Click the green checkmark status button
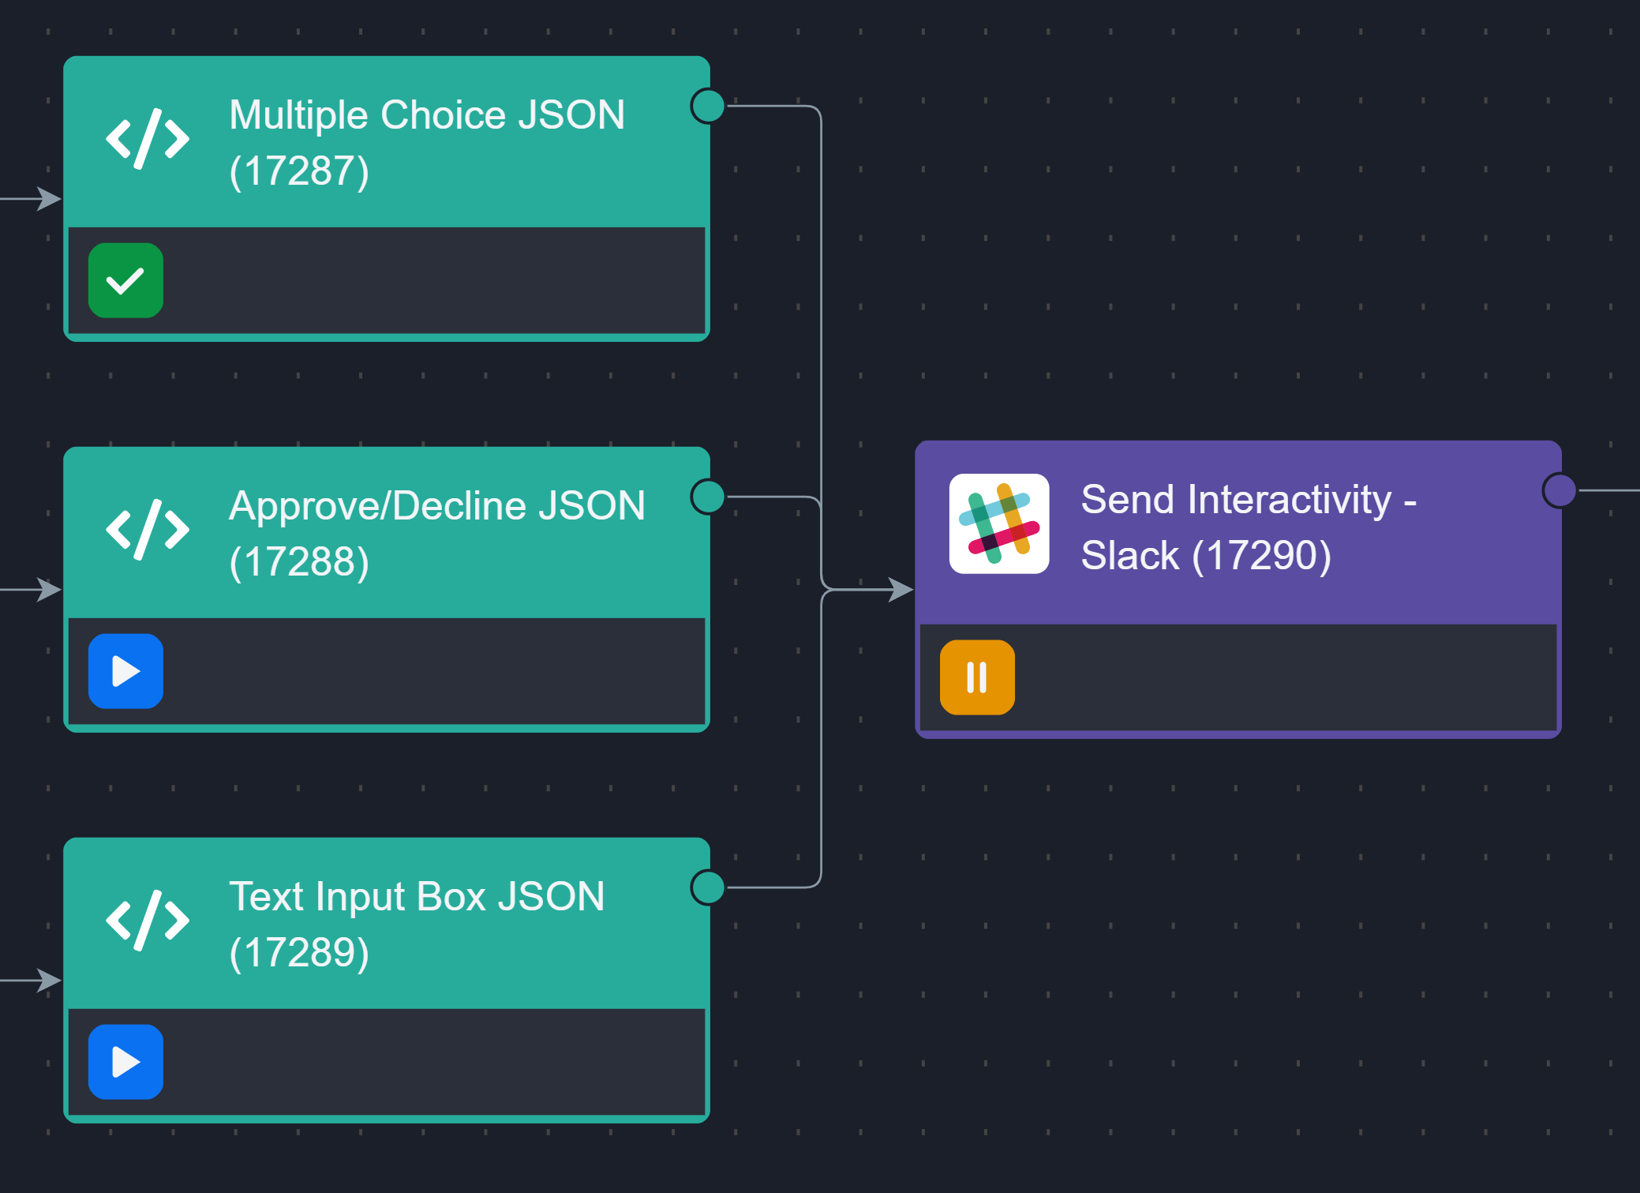tap(125, 280)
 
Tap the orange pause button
tap(977, 677)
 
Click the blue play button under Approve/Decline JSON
tap(125, 671)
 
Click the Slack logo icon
tap(999, 523)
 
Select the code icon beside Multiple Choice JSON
tap(148, 139)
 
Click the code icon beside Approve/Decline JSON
tap(148, 530)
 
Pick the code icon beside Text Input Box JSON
tap(148, 921)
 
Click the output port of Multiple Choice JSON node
tap(708, 106)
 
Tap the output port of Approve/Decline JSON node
tap(708, 497)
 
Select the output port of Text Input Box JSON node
tap(708, 887)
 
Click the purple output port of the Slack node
tap(1559, 490)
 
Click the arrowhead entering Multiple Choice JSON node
tap(50, 198)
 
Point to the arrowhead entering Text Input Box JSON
tap(50, 980)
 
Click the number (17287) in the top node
tap(299, 171)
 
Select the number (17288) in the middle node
tap(299, 562)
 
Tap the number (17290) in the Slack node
tap(1261, 555)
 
